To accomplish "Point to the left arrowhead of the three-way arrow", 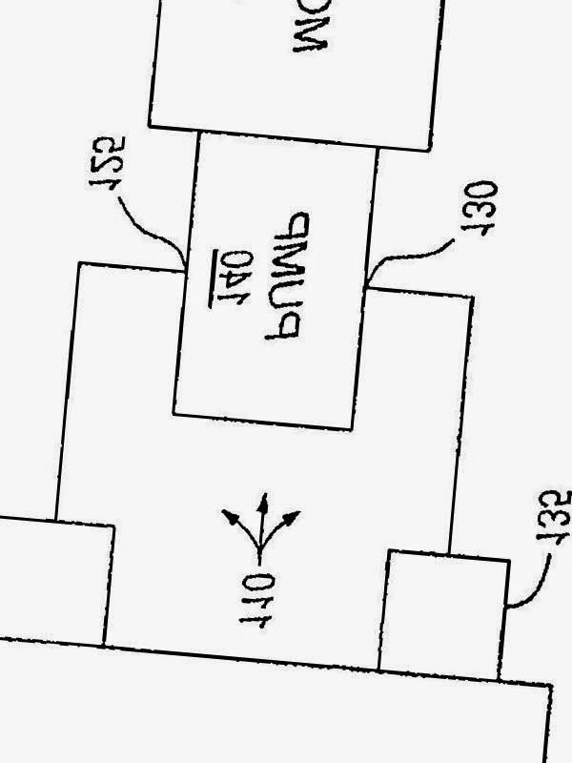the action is pos(231,517).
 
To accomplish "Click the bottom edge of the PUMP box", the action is pos(262,422).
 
